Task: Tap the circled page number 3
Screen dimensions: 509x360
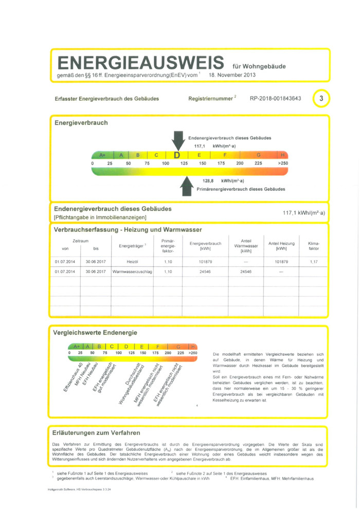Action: (321, 98)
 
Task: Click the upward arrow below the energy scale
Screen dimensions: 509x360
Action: (186, 186)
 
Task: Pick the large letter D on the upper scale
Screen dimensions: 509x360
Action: (177, 155)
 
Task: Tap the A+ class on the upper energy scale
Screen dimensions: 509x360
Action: (102, 155)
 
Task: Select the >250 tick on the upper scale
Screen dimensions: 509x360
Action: (282, 163)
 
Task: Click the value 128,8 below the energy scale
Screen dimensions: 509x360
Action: (209, 181)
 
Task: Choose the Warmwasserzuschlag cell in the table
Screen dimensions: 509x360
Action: (132, 271)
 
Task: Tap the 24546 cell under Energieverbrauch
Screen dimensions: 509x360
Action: (205, 271)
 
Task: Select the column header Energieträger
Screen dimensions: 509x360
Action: (132, 246)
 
